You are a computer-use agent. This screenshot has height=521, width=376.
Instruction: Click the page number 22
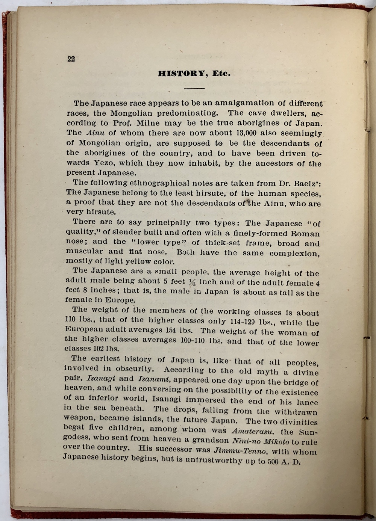[x=71, y=59]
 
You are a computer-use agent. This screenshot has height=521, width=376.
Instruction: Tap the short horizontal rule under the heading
[x=194, y=89]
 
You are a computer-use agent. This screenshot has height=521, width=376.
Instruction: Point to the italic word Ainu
[x=95, y=133]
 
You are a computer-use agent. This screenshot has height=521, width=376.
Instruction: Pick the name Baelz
[x=305, y=184]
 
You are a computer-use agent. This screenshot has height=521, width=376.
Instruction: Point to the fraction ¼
[x=192, y=282]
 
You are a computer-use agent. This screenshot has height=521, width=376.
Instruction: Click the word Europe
[x=120, y=300]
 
